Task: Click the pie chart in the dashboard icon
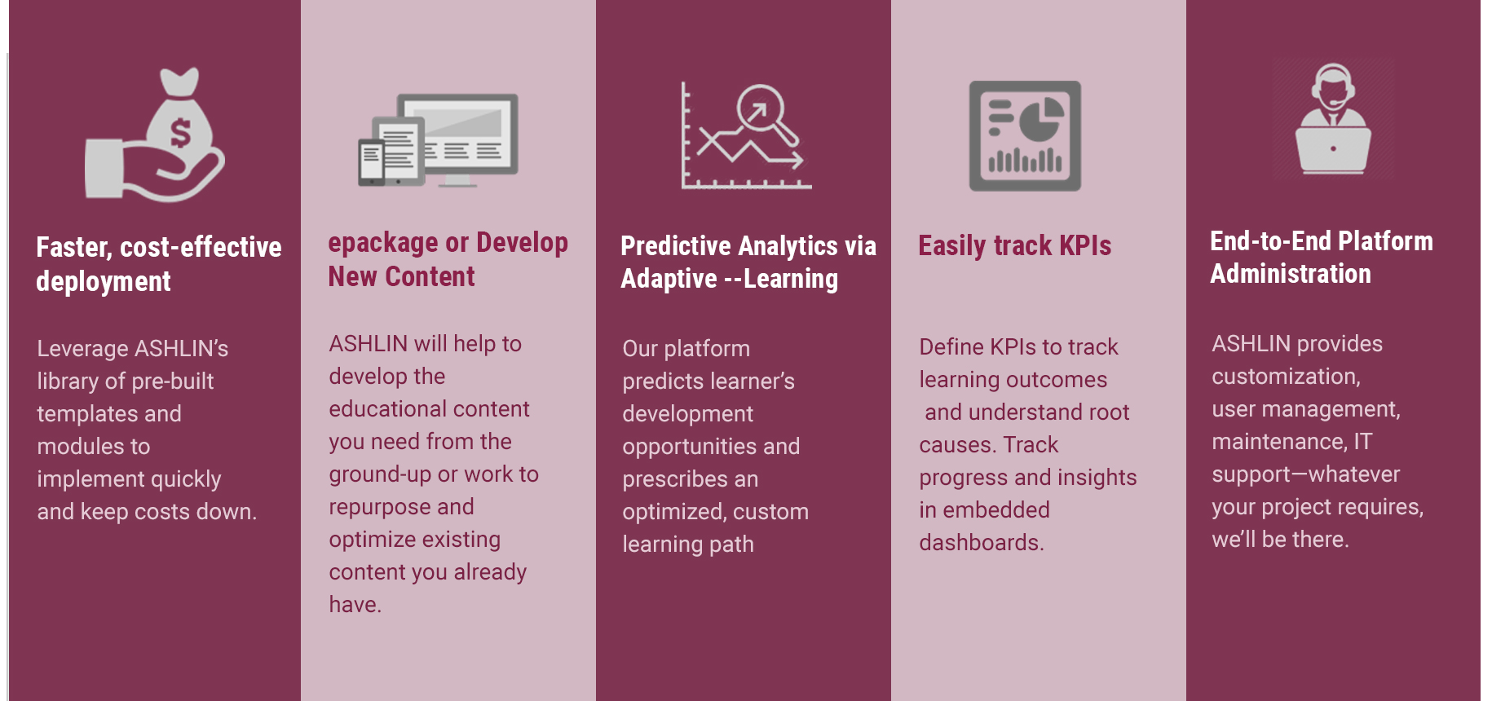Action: (1041, 118)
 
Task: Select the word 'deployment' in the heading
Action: (104, 282)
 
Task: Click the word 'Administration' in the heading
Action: (1291, 274)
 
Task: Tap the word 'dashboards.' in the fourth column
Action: (982, 542)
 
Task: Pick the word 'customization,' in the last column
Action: (1286, 377)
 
